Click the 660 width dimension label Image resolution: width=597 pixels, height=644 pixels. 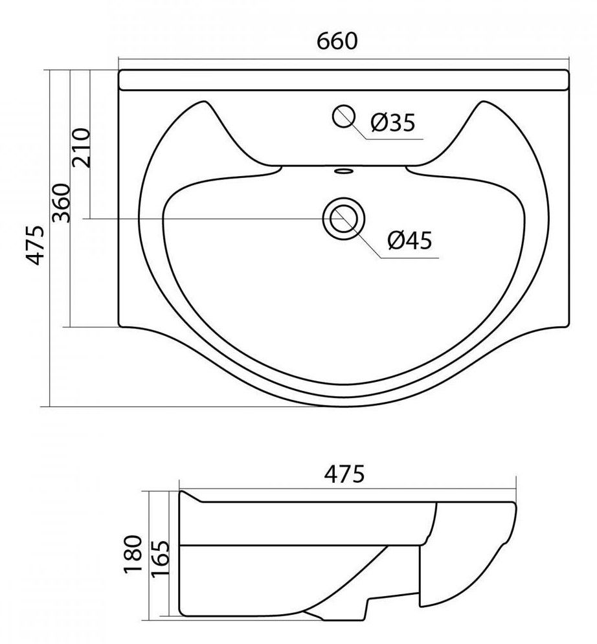coord(337,41)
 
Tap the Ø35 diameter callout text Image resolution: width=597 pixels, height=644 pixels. coord(393,122)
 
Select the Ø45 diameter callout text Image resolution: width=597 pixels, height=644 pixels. coord(410,240)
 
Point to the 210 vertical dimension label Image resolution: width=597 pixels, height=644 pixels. coord(81,148)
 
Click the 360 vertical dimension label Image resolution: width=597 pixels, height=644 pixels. coord(62,203)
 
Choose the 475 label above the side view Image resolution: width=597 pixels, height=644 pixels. coord(344,474)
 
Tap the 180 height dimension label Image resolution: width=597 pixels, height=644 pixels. coord(133,553)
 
